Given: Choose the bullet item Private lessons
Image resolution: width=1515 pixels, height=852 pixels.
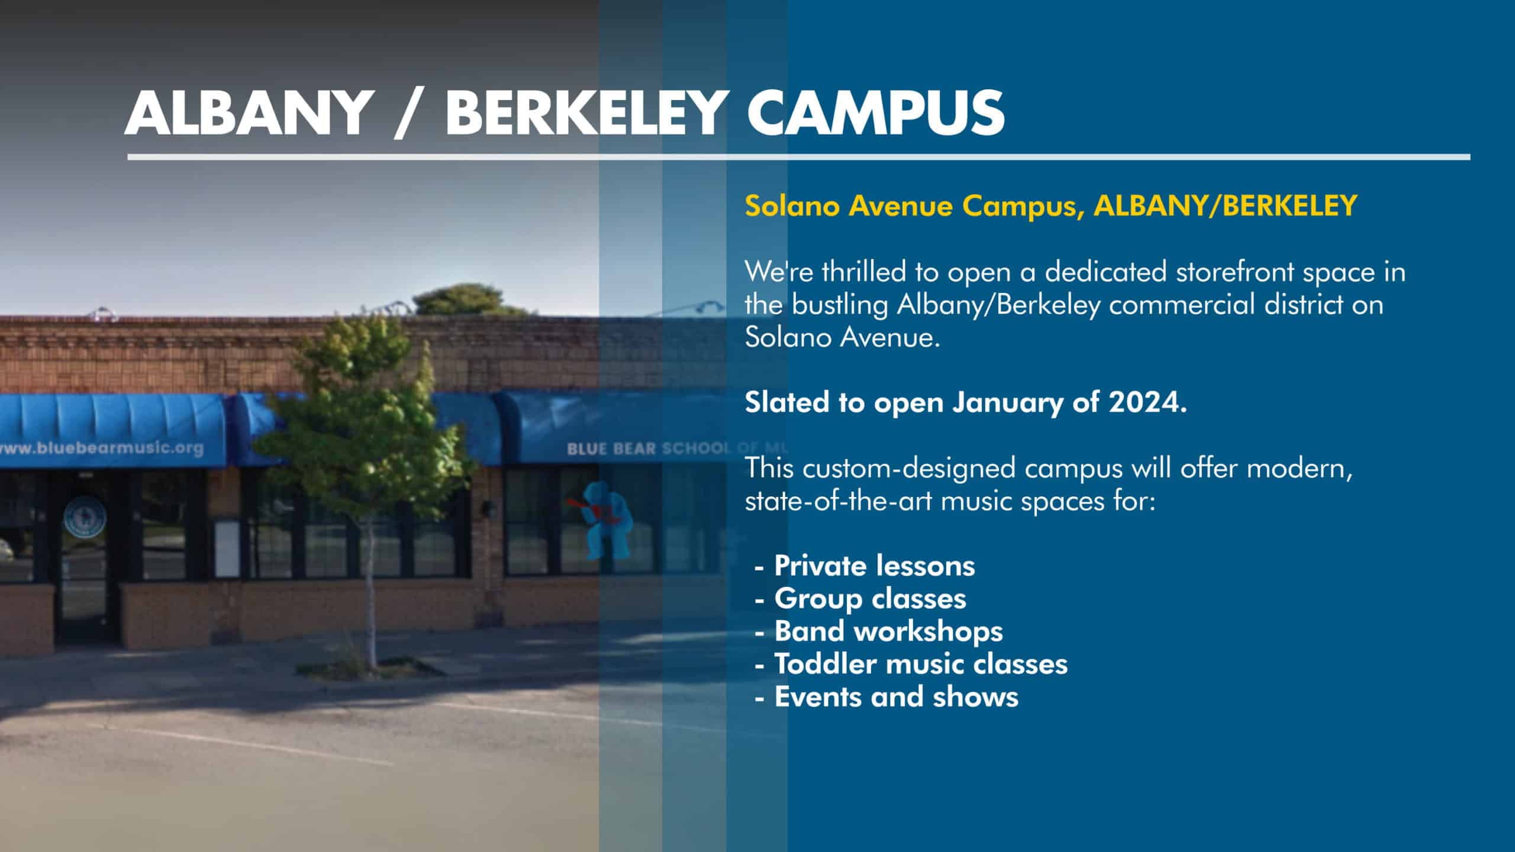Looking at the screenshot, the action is [874, 566].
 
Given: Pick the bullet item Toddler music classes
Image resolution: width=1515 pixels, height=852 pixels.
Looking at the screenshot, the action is [921, 664].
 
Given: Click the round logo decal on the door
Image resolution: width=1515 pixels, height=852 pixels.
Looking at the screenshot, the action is [83, 517].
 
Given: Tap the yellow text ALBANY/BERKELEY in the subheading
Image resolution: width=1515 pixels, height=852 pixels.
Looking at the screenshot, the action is [1225, 206].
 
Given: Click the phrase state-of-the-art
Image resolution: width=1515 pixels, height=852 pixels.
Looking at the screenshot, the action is [839, 501].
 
